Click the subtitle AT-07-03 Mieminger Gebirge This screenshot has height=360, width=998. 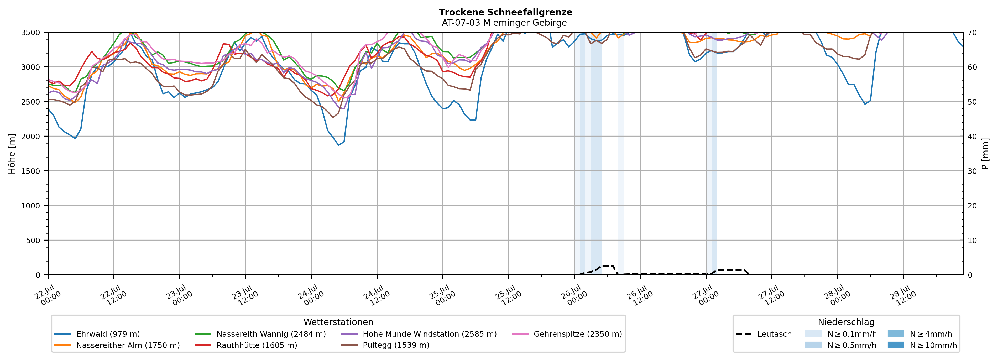click(504, 23)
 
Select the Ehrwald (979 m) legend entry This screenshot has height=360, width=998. click(97, 334)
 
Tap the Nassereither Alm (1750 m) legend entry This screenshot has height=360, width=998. click(117, 345)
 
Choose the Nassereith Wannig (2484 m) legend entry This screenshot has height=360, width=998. click(260, 334)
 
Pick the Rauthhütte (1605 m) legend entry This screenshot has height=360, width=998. click(246, 345)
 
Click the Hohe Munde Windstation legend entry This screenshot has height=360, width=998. click(419, 334)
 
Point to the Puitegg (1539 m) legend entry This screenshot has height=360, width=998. click(385, 345)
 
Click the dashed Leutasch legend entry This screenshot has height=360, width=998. click(764, 334)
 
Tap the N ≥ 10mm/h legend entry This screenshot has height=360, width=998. click(922, 345)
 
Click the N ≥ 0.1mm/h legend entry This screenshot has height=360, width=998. click(841, 334)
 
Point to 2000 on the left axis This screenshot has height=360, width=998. click(31, 136)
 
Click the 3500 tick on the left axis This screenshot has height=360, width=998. click(31, 33)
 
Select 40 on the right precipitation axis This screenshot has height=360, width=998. click(973, 136)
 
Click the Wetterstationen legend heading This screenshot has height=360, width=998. click(338, 322)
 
